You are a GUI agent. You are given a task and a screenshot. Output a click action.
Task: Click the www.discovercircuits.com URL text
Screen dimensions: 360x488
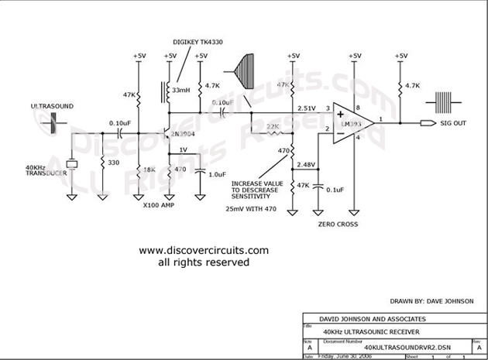[x=204, y=251]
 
